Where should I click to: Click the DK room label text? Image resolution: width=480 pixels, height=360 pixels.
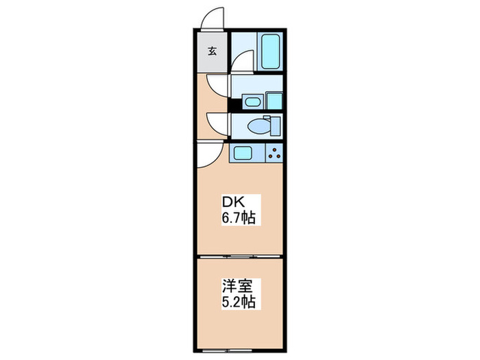coord(230,203)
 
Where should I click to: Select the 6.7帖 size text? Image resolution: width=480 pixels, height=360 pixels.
coord(238,219)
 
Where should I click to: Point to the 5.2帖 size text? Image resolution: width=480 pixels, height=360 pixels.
coord(238,301)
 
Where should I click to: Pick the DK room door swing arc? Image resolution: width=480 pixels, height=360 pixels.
coord(209,156)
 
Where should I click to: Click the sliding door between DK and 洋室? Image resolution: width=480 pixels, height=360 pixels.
coord(240,256)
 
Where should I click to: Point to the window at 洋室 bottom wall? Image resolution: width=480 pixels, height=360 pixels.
coord(240,348)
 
